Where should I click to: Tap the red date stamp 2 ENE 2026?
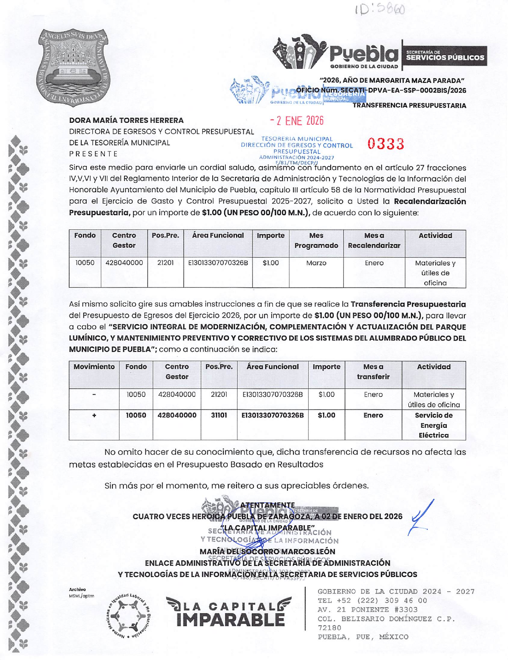coord(297,120)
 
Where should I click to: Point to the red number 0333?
coord(386,144)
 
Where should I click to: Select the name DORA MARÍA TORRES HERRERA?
coord(126,120)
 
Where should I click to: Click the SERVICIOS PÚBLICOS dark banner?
coord(444,56)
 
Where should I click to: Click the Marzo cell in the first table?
coord(316,263)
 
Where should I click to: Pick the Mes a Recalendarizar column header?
coord(374,241)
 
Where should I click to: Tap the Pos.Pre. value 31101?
coord(219,415)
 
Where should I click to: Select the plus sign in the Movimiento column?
coord(94,415)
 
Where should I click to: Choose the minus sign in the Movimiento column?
coord(94,394)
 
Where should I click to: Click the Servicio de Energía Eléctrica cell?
coord(434,425)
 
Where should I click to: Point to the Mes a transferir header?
coord(373,371)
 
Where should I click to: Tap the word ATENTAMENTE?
coord(267,506)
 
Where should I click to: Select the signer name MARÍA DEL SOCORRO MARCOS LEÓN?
coord(267,551)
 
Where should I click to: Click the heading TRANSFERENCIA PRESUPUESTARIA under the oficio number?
coord(409,106)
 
